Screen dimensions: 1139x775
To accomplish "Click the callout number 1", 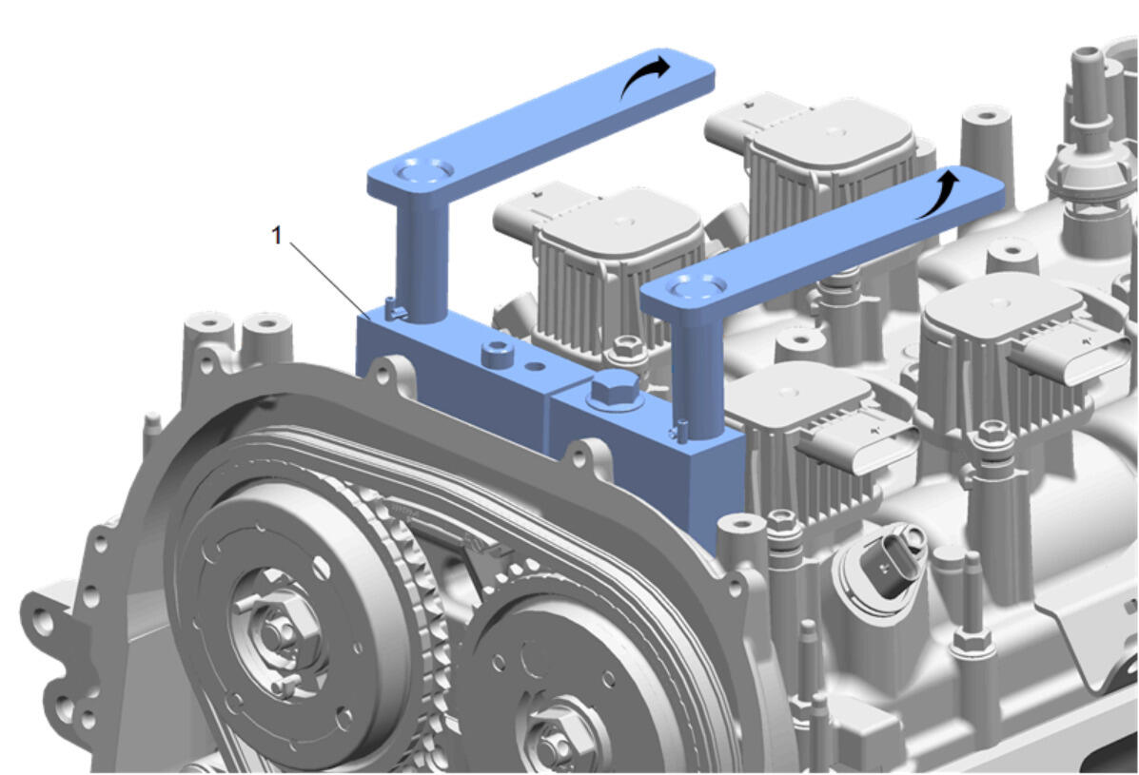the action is point(276,235).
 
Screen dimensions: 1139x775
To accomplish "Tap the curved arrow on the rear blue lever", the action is point(643,75).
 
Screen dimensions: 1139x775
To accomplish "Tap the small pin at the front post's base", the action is point(679,431).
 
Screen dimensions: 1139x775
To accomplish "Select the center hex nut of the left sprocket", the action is point(275,632).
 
